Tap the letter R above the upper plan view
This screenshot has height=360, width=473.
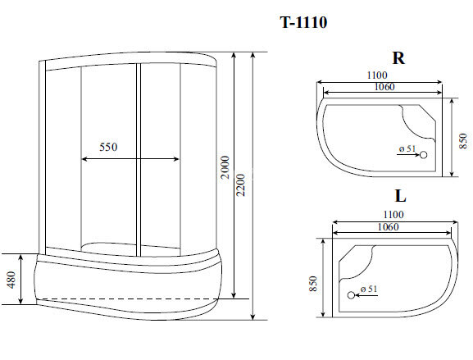pos(398,58)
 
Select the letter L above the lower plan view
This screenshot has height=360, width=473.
pos(400,197)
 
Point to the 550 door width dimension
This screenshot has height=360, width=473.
pos(108,148)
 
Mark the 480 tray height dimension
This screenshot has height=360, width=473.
pos(11,279)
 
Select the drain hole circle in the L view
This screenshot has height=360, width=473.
pos(352,294)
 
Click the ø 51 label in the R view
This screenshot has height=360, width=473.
pos(407,148)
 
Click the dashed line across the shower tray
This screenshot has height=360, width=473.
pos(131,296)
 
